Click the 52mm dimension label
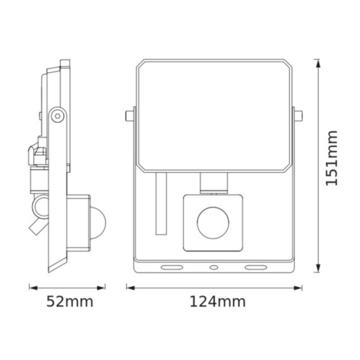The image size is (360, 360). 70,302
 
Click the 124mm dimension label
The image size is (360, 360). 217,302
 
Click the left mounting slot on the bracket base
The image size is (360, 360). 171,268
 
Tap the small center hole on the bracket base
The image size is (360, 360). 213,268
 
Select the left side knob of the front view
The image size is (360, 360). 129,115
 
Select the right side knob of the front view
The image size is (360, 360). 297,115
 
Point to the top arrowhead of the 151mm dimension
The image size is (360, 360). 318,63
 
